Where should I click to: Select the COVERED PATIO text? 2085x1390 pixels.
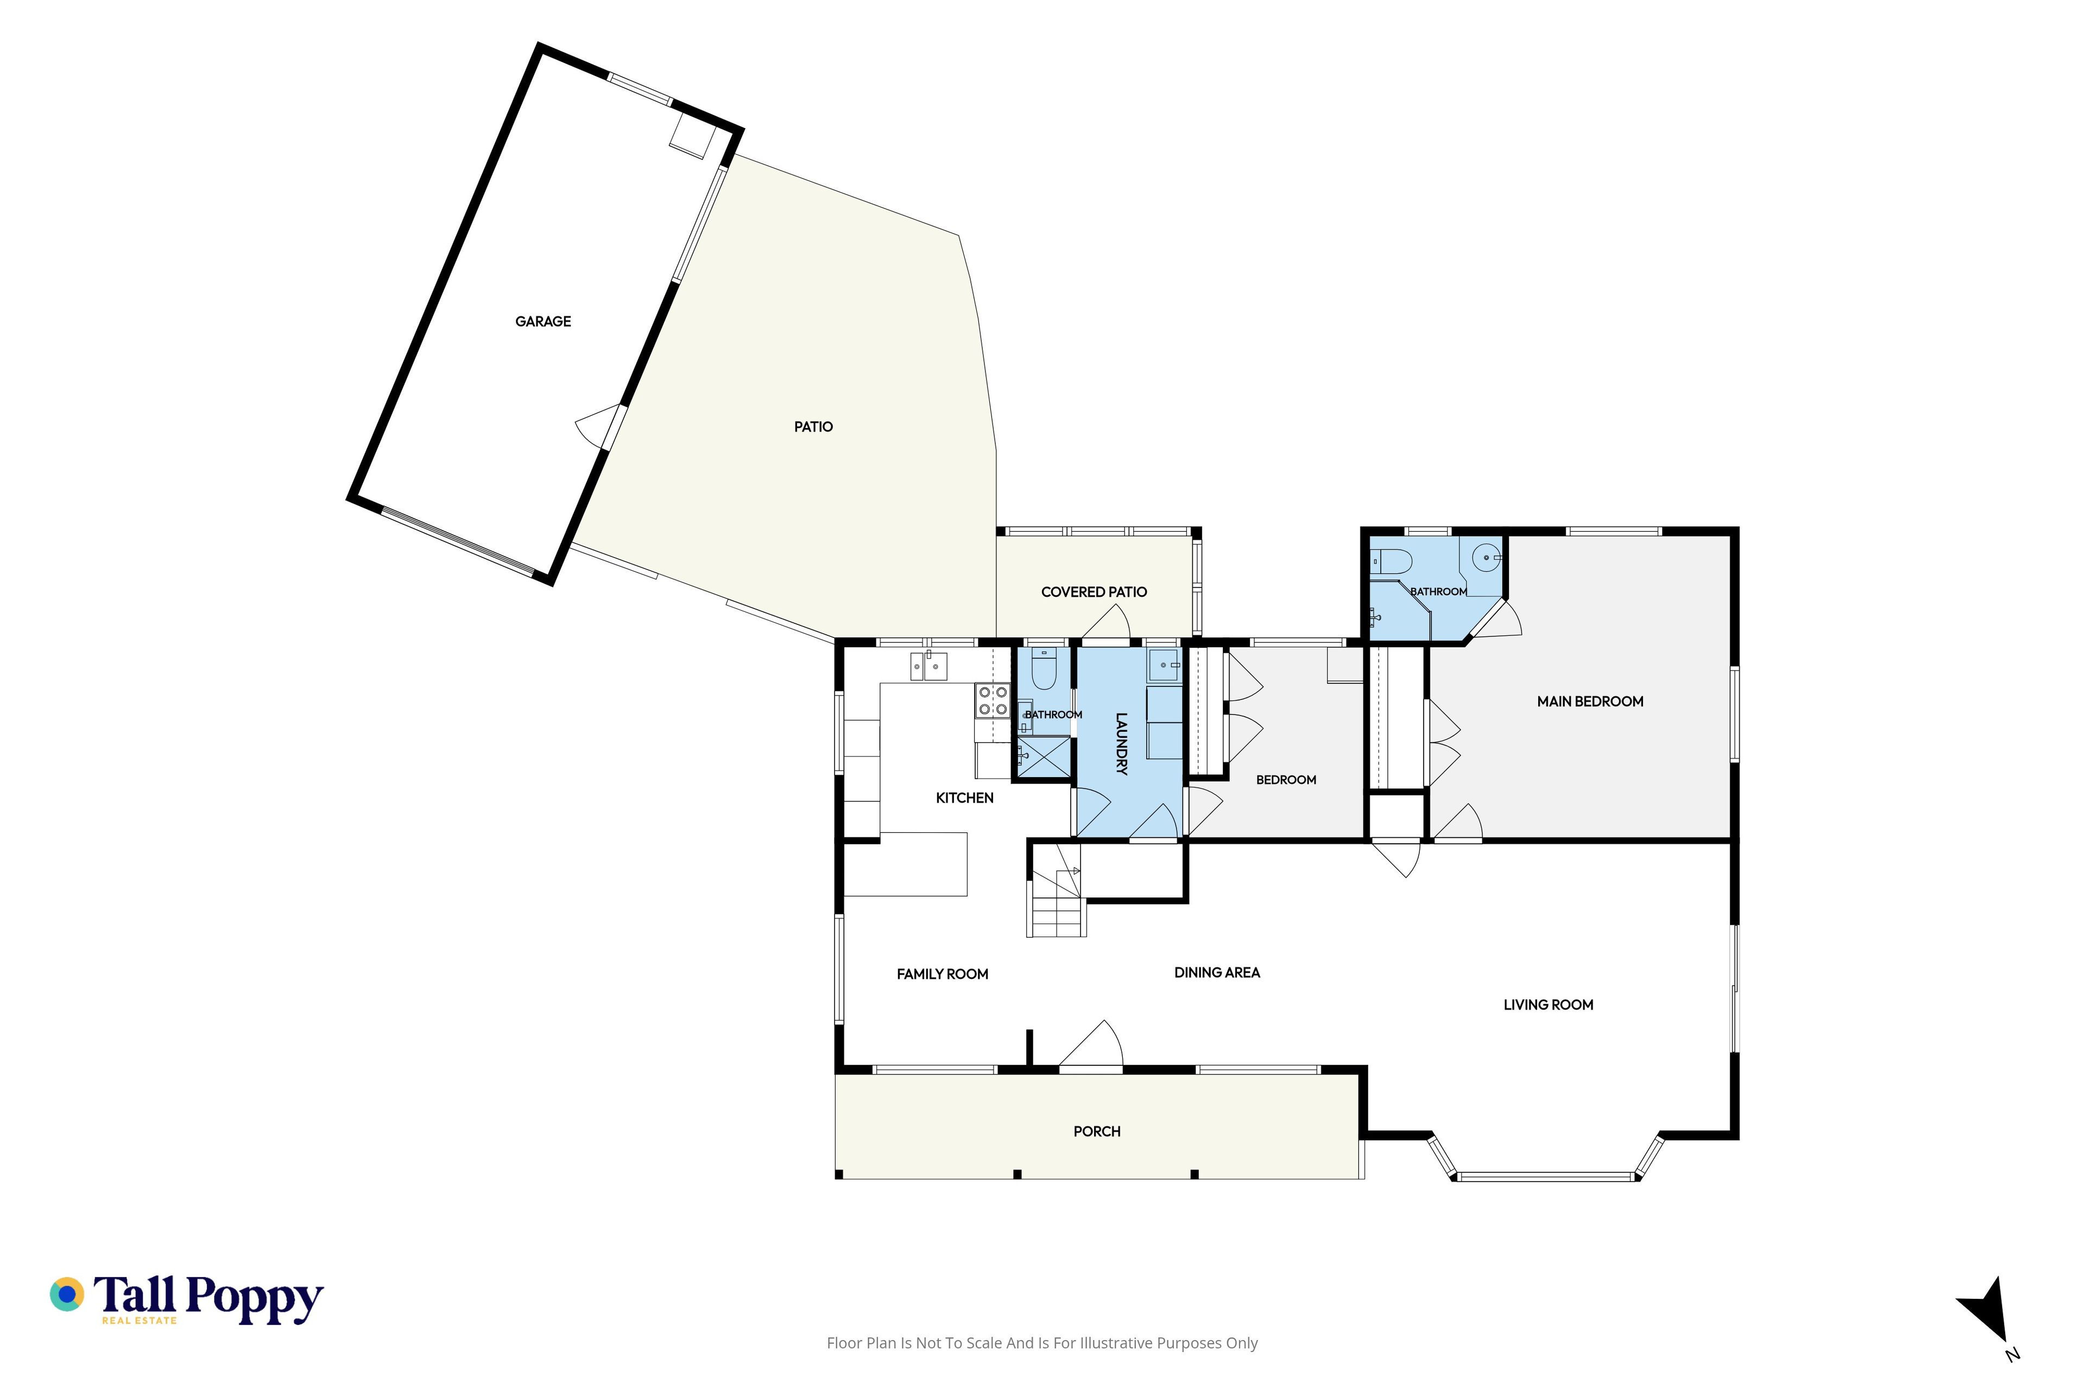(1094, 592)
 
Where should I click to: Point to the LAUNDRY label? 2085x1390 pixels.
(1121, 744)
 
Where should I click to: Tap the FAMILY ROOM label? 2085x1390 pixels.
(943, 974)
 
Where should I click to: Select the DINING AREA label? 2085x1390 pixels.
(1217, 972)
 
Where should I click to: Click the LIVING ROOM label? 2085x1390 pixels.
(1548, 1005)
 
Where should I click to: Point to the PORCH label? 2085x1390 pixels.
(1097, 1132)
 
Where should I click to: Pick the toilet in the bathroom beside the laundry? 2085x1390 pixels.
(1044, 669)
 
